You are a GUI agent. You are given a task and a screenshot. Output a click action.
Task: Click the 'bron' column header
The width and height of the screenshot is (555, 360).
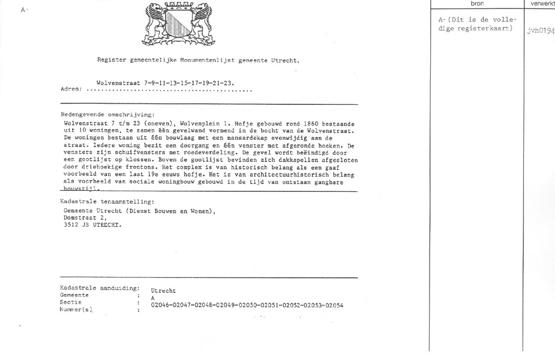tap(477, 3)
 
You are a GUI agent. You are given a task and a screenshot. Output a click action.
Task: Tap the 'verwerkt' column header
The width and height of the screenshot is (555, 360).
tap(542, 3)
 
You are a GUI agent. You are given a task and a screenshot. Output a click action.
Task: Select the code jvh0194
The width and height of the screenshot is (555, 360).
tap(541, 32)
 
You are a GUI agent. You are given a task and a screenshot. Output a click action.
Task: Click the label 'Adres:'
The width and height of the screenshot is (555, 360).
tap(71, 89)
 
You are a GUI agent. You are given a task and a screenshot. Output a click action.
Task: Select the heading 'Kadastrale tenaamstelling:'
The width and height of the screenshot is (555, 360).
tap(107, 202)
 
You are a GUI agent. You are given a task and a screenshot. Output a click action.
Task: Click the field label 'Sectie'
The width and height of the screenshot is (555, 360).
tap(70, 302)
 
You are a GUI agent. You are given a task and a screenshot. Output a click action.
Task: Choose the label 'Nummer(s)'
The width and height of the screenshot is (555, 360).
tap(76, 310)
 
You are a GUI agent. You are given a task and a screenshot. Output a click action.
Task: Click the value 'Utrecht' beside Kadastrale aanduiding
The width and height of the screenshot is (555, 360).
tap(163, 291)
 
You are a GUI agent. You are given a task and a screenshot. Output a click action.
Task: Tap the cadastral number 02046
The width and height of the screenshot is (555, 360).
tap(160, 305)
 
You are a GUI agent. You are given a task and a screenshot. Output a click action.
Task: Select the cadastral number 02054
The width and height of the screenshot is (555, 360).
tap(334, 305)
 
